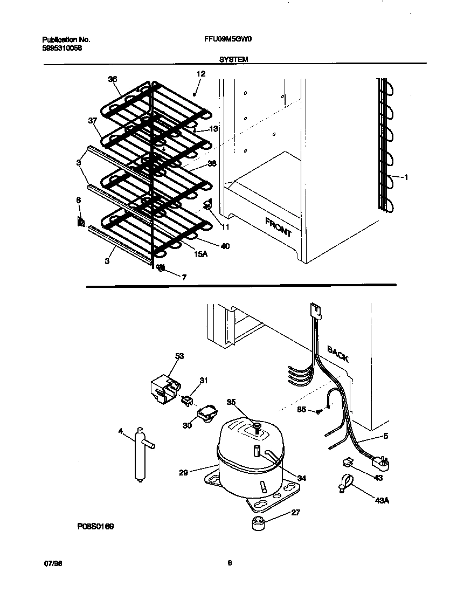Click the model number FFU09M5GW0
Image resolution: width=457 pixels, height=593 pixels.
[221, 39]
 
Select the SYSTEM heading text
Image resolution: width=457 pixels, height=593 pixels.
[233, 60]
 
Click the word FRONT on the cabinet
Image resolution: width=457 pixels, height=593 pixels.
[278, 227]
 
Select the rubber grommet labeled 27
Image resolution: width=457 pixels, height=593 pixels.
[259, 522]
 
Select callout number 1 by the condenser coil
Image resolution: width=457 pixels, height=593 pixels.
[406, 177]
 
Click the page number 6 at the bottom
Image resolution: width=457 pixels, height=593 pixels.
[230, 563]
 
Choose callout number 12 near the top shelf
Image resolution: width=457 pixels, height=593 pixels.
[200, 73]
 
